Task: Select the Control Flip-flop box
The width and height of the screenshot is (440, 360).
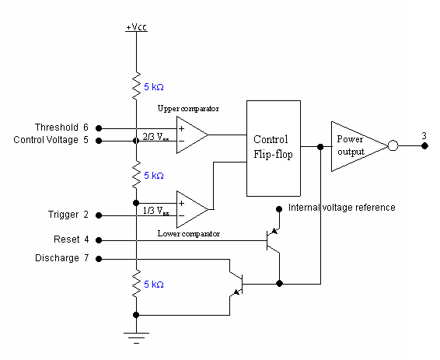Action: (x=273, y=149)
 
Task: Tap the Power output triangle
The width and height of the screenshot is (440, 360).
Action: (x=354, y=145)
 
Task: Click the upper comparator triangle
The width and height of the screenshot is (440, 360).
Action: (x=190, y=134)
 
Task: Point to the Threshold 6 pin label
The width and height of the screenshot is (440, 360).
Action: (x=61, y=127)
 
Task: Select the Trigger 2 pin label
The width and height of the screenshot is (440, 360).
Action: (x=68, y=215)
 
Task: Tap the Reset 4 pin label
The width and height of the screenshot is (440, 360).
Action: (x=72, y=239)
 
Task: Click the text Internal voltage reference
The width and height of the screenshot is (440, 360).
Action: (x=341, y=208)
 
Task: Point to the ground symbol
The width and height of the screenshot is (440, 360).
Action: (x=136, y=337)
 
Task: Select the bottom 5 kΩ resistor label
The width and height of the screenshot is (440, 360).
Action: (x=154, y=285)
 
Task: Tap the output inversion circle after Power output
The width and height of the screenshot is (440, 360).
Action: (x=393, y=145)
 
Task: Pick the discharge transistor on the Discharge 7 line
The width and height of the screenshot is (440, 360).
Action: (x=238, y=284)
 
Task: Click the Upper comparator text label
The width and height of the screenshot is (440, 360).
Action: (x=188, y=108)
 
